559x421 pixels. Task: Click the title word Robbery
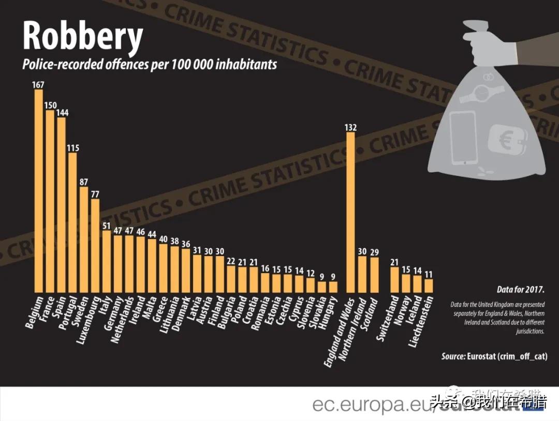click(83, 37)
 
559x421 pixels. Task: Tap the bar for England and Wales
click(350, 212)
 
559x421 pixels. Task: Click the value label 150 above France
click(50, 105)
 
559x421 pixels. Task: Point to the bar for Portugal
click(72, 222)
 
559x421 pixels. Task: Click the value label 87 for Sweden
click(84, 182)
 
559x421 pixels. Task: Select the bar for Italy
click(107, 261)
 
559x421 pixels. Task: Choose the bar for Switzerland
click(394, 279)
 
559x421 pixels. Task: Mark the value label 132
click(350, 127)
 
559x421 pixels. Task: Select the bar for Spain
click(61, 204)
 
